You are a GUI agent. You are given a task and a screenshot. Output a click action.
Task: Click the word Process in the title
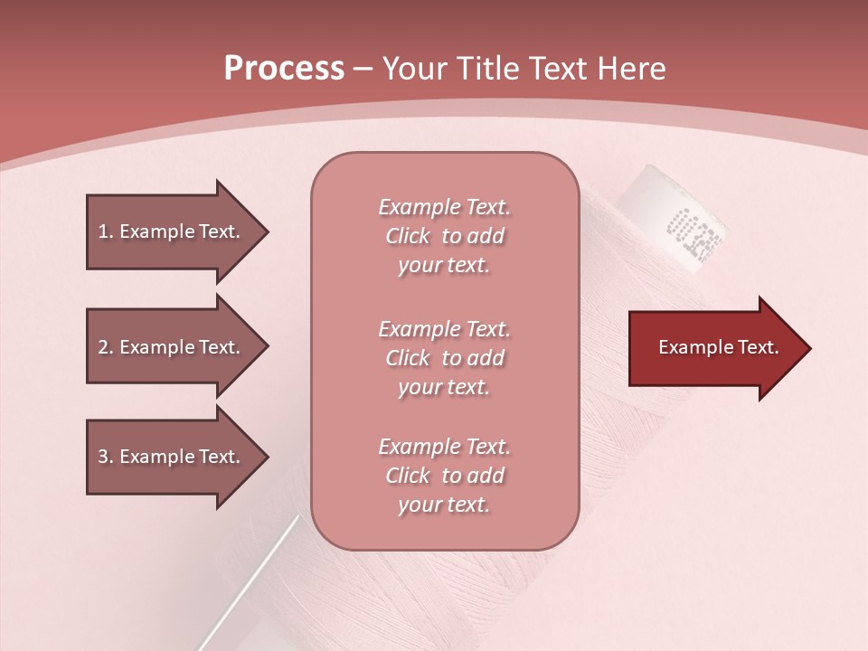click(284, 69)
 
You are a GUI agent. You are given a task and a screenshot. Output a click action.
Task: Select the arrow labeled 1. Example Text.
click(172, 231)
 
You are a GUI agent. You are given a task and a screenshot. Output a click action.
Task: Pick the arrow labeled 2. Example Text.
click(172, 347)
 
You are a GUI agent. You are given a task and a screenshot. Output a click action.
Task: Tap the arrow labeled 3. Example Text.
click(172, 457)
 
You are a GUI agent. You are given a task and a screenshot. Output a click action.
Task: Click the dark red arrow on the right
click(714, 348)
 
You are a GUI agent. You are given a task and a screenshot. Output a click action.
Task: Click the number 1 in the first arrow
click(103, 231)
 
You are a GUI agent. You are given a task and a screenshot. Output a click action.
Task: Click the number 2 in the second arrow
click(103, 347)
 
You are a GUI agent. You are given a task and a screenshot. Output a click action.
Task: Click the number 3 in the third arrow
click(103, 457)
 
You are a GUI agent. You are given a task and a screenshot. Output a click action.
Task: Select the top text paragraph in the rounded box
click(444, 236)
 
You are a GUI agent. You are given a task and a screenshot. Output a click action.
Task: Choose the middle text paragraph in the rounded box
click(444, 358)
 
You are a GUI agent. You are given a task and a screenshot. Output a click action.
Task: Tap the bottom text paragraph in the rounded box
click(444, 476)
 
